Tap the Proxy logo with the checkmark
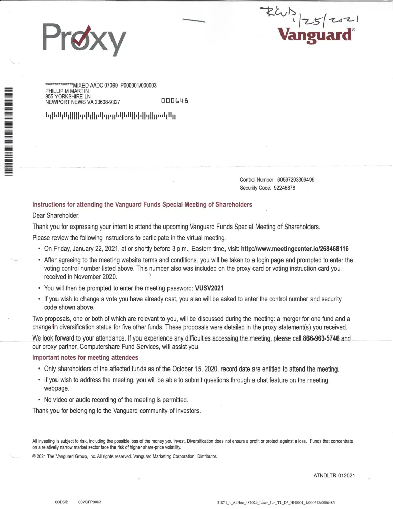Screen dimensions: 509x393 (x=85, y=40)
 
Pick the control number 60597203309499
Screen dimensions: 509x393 (x=303, y=180)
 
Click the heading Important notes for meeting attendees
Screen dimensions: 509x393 (x=85, y=357)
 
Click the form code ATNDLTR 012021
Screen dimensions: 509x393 (x=334, y=475)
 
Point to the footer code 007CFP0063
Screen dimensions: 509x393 (x=90, y=502)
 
